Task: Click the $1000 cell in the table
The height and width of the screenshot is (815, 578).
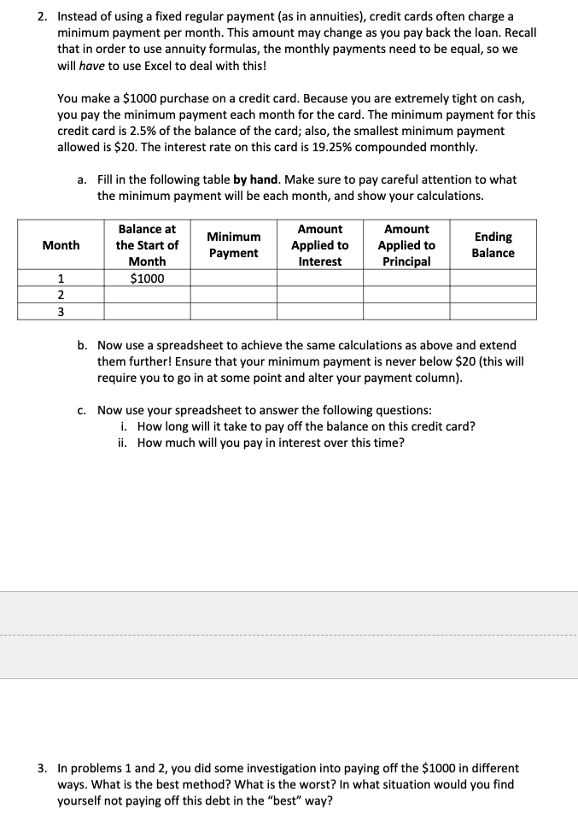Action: tap(147, 279)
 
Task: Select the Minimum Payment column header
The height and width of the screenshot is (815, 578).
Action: tap(233, 245)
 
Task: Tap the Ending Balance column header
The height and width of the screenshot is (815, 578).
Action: tap(493, 245)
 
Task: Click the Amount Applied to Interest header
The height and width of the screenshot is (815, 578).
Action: tap(319, 245)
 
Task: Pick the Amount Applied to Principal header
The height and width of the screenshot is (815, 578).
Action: tap(406, 245)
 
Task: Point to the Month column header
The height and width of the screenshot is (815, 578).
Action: tap(61, 245)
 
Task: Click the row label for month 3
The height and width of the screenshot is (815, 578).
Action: tap(61, 311)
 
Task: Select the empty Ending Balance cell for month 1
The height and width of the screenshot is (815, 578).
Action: tap(493, 279)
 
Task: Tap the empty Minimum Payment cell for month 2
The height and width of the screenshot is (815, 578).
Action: tap(233, 295)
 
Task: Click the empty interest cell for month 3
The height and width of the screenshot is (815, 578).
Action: tap(319, 311)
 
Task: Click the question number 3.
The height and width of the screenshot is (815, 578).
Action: tap(43, 769)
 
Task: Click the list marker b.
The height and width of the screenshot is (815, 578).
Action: tap(82, 345)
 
